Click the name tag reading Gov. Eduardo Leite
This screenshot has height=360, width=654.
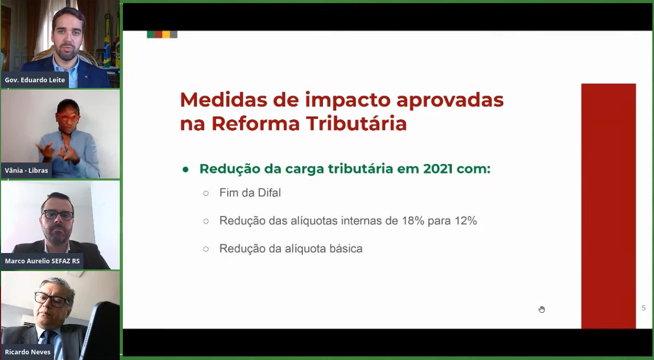tap(35, 80)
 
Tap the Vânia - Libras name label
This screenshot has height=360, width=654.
tap(26, 170)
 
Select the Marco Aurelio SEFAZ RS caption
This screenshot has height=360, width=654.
tap(42, 261)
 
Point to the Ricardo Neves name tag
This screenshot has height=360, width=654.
tap(27, 352)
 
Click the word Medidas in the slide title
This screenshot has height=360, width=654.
tap(224, 100)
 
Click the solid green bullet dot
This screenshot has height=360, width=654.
tap(186, 170)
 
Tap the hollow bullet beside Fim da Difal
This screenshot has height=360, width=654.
tap(206, 193)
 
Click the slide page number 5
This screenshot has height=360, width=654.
tap(644, 308)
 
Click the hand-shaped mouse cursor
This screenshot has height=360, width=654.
tap(541, 309)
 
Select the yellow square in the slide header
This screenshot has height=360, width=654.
tap(166, 34)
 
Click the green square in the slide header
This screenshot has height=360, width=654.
tap(151, 34)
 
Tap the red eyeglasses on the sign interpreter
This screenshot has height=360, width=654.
tap(68, 117)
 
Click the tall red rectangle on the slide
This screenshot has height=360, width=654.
tap(608, 206)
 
